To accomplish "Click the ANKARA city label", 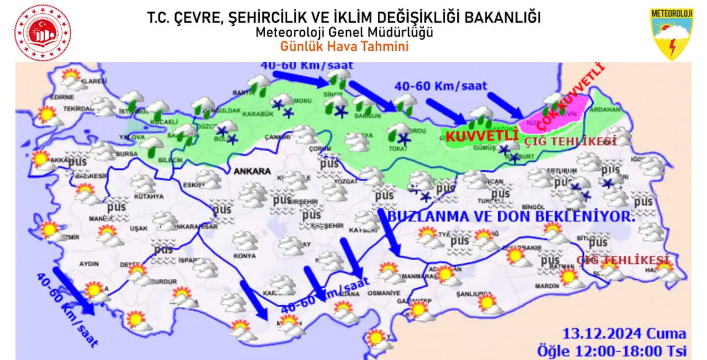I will point(252,171).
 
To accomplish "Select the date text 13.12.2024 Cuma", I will point(624,333).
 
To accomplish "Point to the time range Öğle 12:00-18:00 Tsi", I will point(611,350).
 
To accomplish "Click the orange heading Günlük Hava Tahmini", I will point(344,46).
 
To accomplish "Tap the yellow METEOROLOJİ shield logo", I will point(671,34).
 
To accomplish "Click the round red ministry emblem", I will point(43,33).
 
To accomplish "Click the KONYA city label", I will point(244,256).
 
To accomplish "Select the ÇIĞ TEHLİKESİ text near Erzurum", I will point(571,141).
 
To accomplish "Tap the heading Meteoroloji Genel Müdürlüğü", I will point(344,33).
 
